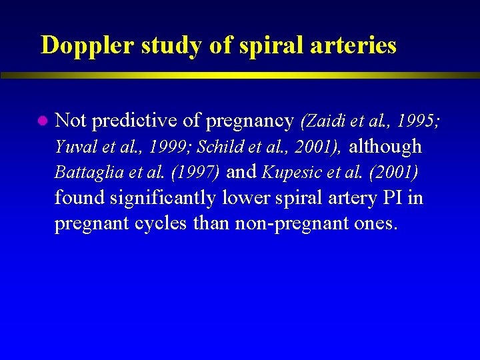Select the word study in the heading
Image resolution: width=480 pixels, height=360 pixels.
pos(160,45)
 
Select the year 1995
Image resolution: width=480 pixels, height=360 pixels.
pos(417,121)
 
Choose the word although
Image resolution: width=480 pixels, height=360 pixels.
pos(385,146)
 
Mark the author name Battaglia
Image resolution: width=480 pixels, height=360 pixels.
pos(83,172)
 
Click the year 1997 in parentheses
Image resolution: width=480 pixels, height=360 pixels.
pos(195,172)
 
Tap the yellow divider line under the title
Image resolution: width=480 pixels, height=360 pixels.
pos(240,75)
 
